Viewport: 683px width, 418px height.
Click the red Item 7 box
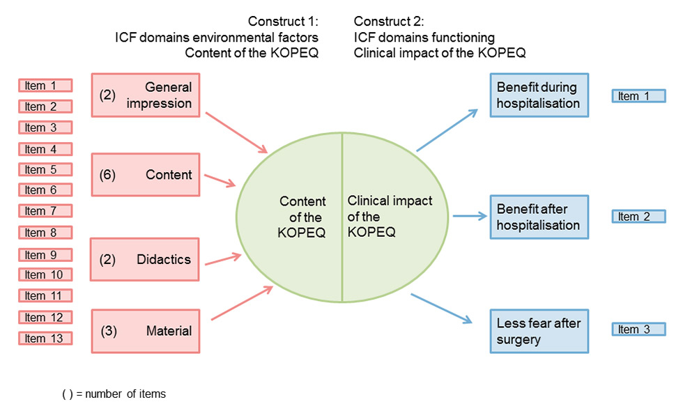[x=45, y=211]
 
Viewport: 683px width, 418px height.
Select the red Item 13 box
[x=45, y=339]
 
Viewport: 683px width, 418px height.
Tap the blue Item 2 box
[x=634, y=217]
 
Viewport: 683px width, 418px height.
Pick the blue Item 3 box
[x=634, y=330]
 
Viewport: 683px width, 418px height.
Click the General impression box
[x=145, y=95]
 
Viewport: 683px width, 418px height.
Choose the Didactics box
[x=145, y=259]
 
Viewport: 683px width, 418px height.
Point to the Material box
[x=145, y=331]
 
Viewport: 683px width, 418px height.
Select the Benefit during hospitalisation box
[x=539, y=95]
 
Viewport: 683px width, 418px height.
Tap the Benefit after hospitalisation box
[x=539, y=217]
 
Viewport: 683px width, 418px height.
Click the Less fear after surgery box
[x=539, y=330]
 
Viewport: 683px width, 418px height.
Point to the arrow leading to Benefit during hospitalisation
[x=447, y=130]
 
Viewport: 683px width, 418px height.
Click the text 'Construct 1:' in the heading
[x=283, y=22]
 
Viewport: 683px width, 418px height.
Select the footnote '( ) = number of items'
[x=114, y=394]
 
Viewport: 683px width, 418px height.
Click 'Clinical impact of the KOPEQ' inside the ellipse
[x=390, y=216]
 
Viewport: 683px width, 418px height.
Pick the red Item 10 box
[x=45, y=274]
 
